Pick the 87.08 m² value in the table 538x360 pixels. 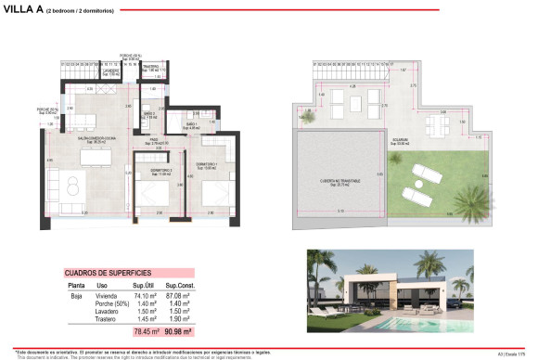click(178, 294)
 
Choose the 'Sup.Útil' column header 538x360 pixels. click(144, 285)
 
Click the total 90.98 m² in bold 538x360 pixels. click(178, 331)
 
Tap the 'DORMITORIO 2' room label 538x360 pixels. click(149, 172)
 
